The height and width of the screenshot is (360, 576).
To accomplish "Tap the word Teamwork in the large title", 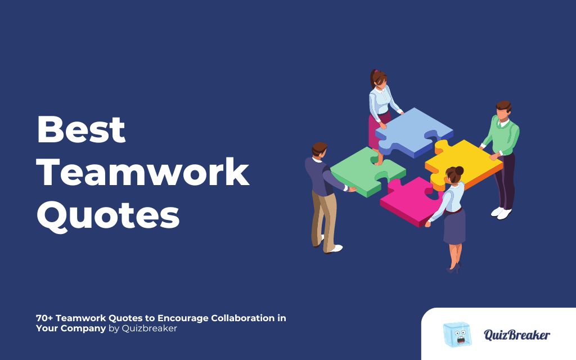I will pos(143,173).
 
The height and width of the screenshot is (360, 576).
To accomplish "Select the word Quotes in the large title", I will pos(108,215).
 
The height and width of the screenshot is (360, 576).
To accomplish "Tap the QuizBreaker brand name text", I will pos(516,335).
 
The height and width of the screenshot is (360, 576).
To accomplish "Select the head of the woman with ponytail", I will pos(379,79).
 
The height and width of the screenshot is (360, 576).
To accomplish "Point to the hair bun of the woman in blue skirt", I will pos(459,170).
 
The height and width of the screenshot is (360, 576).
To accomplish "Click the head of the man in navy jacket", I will pos(319,151).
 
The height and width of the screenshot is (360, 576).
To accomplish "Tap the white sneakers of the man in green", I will pos(501,213).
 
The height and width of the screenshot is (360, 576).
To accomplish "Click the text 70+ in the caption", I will pos(44,318).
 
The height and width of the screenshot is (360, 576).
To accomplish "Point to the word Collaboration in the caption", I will pos(242,318).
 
